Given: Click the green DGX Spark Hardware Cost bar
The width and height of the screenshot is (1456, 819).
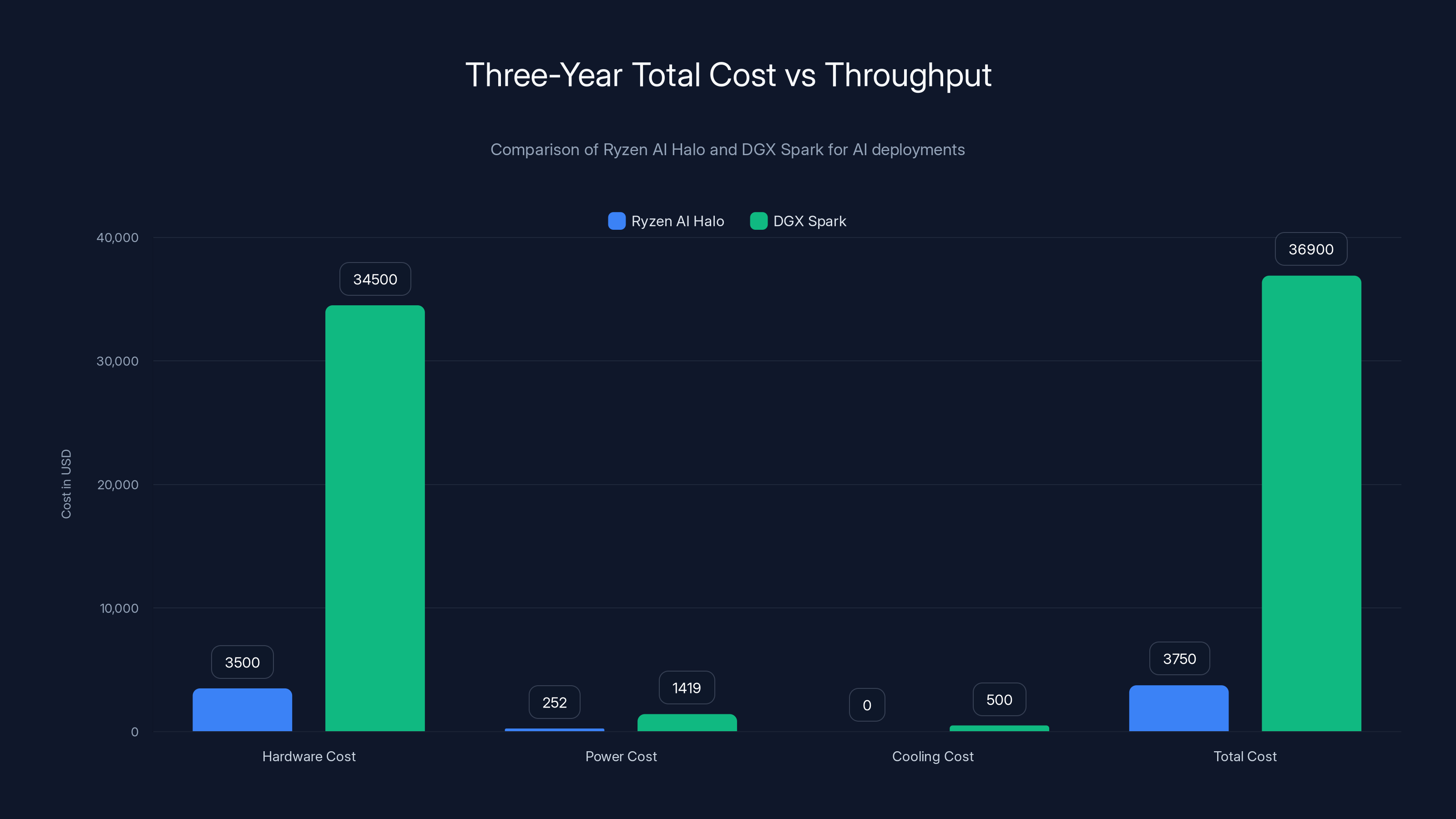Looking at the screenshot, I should (x=375, y=518).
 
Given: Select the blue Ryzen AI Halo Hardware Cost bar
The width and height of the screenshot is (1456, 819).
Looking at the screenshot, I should (x=242, y=709).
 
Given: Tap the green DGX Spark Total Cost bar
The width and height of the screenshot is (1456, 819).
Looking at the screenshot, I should (x=1311, y=503).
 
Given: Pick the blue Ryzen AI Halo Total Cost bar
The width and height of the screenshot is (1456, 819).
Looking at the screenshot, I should (x=1178, y=708).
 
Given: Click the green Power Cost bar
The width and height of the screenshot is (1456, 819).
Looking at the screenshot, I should (x=687, y=723).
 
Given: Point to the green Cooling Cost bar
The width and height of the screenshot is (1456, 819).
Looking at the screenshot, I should (x=999, y=728).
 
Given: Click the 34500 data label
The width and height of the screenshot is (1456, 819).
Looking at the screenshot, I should (x=375, y=279).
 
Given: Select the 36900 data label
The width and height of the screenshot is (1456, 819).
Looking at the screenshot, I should (x=1311, y=249).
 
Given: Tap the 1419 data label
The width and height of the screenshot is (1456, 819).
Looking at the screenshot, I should (x=687, y=688).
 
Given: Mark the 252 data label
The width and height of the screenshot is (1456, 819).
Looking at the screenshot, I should (x=554, y=703).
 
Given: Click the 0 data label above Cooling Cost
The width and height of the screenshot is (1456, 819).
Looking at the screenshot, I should (x=866, y=705).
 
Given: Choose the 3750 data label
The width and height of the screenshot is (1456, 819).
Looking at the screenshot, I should (x=1179, y=658).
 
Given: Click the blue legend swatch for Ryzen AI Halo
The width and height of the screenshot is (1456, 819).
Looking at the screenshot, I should (x=616, y=221).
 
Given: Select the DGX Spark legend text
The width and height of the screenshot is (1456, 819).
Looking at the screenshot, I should (x=809, y=221).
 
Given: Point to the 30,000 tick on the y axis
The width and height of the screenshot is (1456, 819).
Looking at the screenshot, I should (x=117, y=361).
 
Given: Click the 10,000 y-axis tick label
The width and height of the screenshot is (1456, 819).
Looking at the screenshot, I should (x=119, y=608).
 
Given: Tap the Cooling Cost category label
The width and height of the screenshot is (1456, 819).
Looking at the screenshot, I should (x=933, y=756).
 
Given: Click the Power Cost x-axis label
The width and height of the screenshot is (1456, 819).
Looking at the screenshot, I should (x=621, y=756).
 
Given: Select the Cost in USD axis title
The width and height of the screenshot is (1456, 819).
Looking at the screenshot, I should (x=66, y=484).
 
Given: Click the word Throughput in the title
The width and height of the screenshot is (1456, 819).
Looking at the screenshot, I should (x=908, y=75).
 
